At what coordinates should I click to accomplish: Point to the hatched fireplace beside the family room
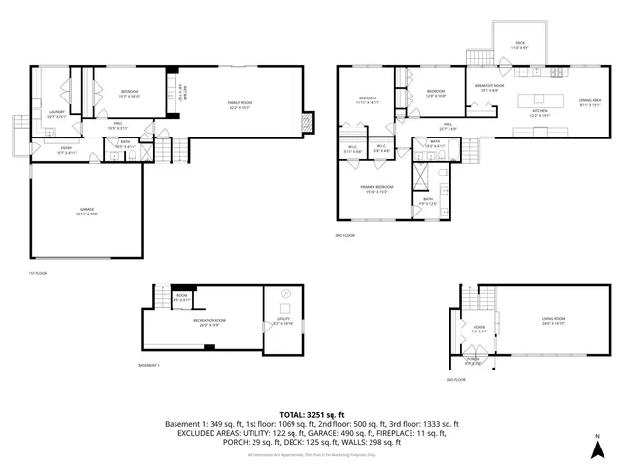(x=309, y=122)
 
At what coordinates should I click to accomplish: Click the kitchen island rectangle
(x=540, y=98)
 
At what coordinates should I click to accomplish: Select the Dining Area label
(x=589, y=99)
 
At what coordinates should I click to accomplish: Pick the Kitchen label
(x=540, y=112)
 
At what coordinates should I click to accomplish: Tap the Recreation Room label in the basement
(x=204, y=320)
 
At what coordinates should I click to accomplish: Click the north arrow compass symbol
(x=597, y=449)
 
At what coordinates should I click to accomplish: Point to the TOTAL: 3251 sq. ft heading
(x=312, y=414)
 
